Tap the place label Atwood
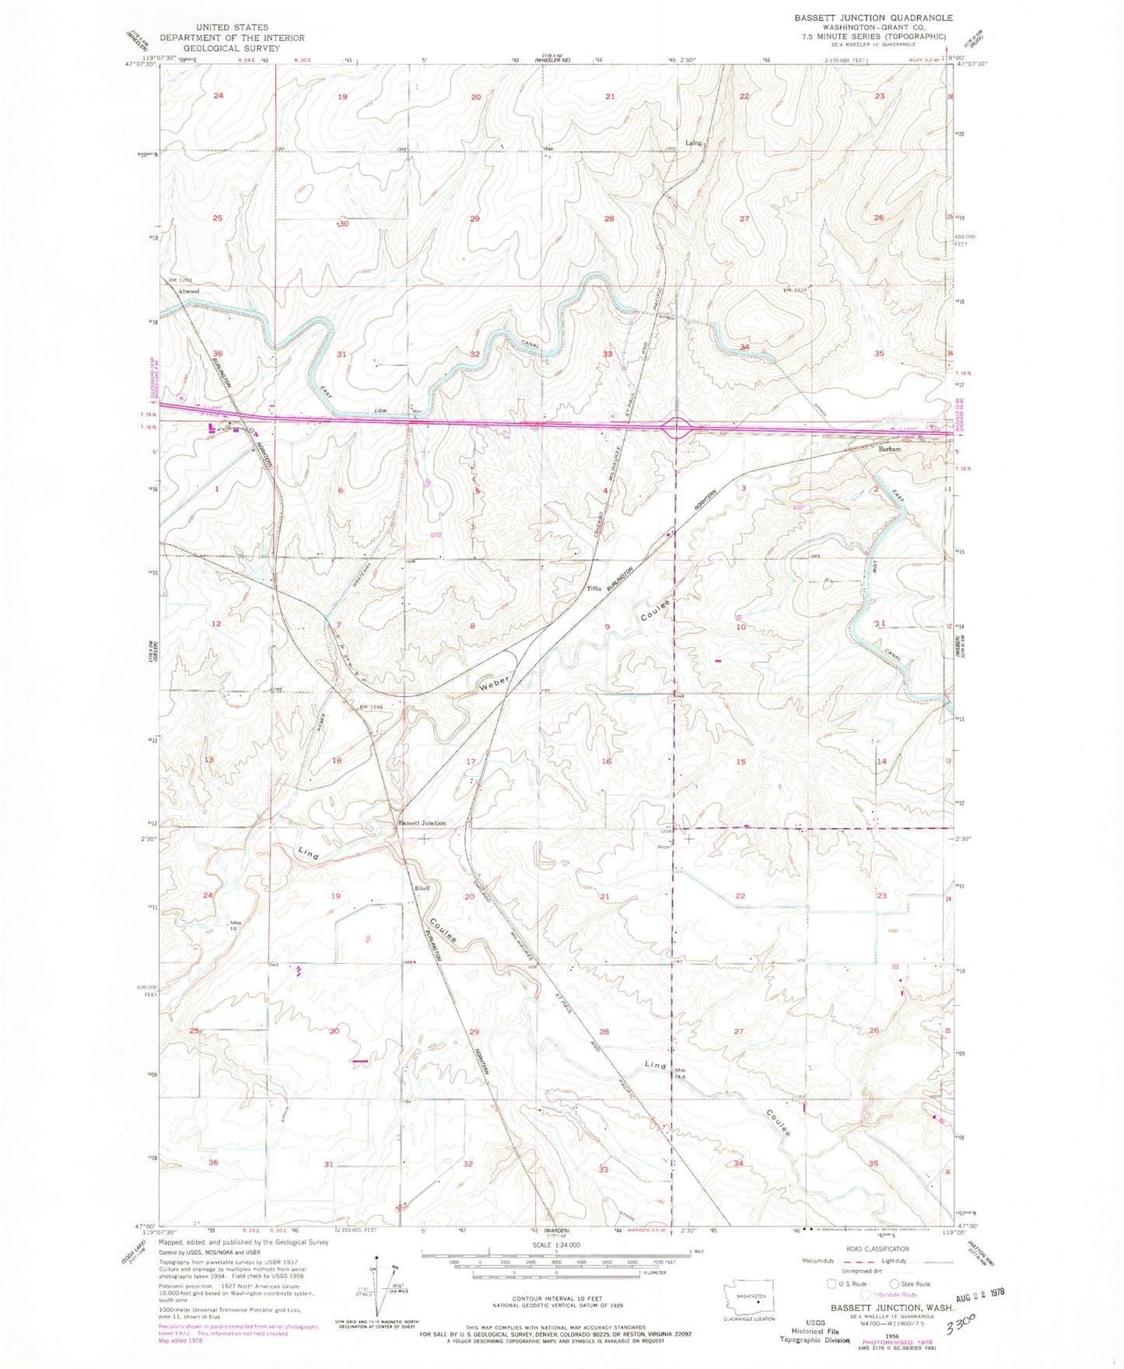188,292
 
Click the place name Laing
693,142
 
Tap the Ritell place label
422,888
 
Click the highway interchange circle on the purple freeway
678,427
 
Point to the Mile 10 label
238,925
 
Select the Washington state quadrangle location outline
745,1296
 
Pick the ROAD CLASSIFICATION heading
877,1248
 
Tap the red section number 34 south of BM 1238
744,347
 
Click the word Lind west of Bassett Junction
309,853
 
